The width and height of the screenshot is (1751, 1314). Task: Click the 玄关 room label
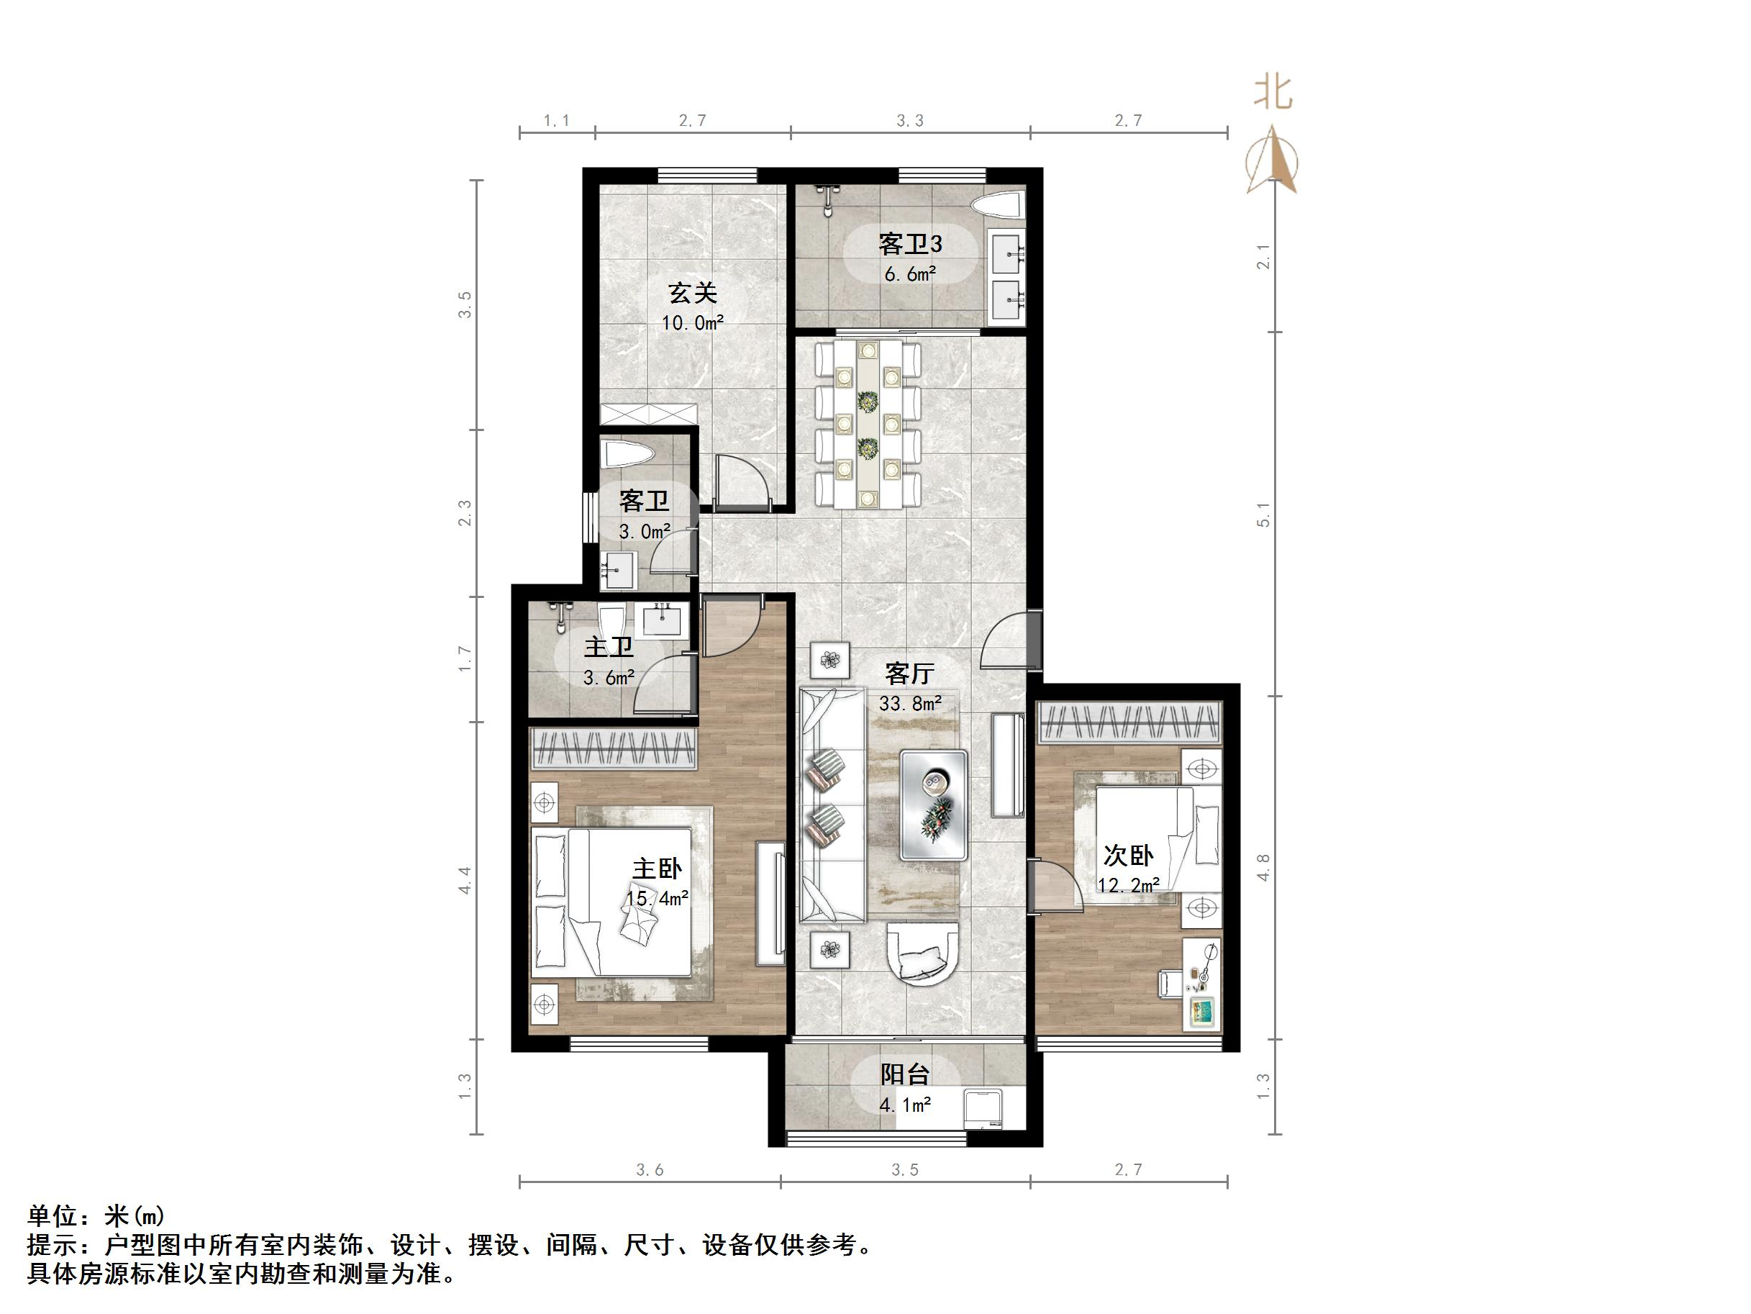click(x=693, y=293)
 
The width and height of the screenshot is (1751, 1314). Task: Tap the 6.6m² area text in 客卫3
click(x=910, y=275)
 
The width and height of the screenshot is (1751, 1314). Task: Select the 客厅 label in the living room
click(x=909, y=674)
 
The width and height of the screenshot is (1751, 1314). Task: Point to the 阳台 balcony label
click(x=905, y=1075)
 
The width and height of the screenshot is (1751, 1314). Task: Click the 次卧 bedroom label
click(x=1128, y=856)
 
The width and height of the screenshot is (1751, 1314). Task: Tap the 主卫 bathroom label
click(x=609, y=647)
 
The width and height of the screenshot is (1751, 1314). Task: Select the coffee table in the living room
click(x=934, y=805)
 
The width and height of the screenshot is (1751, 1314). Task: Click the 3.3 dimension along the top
click(x=909, y=120)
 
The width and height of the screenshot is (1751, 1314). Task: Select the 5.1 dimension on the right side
click(x=1263, y=515)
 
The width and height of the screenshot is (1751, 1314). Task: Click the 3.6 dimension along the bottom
click(x=649, y=1170)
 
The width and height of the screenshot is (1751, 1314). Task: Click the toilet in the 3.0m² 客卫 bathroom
click(x=627, y=455)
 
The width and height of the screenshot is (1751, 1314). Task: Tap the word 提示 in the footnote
click(x=53, y=1245)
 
